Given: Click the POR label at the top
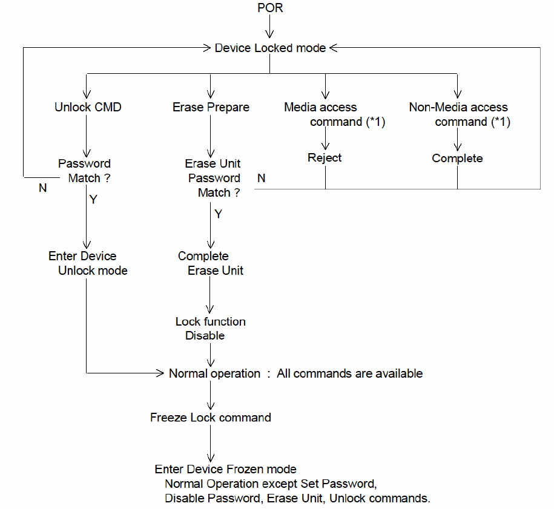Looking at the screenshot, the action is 270,8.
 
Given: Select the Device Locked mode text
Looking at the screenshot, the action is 270,48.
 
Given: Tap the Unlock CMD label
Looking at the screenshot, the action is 88,107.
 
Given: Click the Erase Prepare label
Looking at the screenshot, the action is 211,107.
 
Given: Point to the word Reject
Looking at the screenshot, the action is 325,158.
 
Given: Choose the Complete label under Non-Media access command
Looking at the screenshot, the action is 457,158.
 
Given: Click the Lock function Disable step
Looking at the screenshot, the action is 211,329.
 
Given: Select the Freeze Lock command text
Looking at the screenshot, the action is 211,418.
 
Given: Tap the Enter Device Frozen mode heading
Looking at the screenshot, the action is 225,469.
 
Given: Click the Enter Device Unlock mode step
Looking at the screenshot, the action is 88,263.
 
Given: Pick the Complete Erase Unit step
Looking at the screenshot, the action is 211,263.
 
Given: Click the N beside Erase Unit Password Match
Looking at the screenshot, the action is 262,178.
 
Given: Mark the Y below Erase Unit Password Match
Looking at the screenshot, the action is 219,214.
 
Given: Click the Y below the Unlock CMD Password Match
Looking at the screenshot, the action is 93,200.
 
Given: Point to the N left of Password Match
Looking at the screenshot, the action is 43,188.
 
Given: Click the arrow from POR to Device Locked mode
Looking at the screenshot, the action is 269,26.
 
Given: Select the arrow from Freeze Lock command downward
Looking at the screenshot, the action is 211,443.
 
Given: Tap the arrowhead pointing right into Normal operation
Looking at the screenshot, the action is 160,373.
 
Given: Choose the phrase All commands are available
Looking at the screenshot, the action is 350,373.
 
